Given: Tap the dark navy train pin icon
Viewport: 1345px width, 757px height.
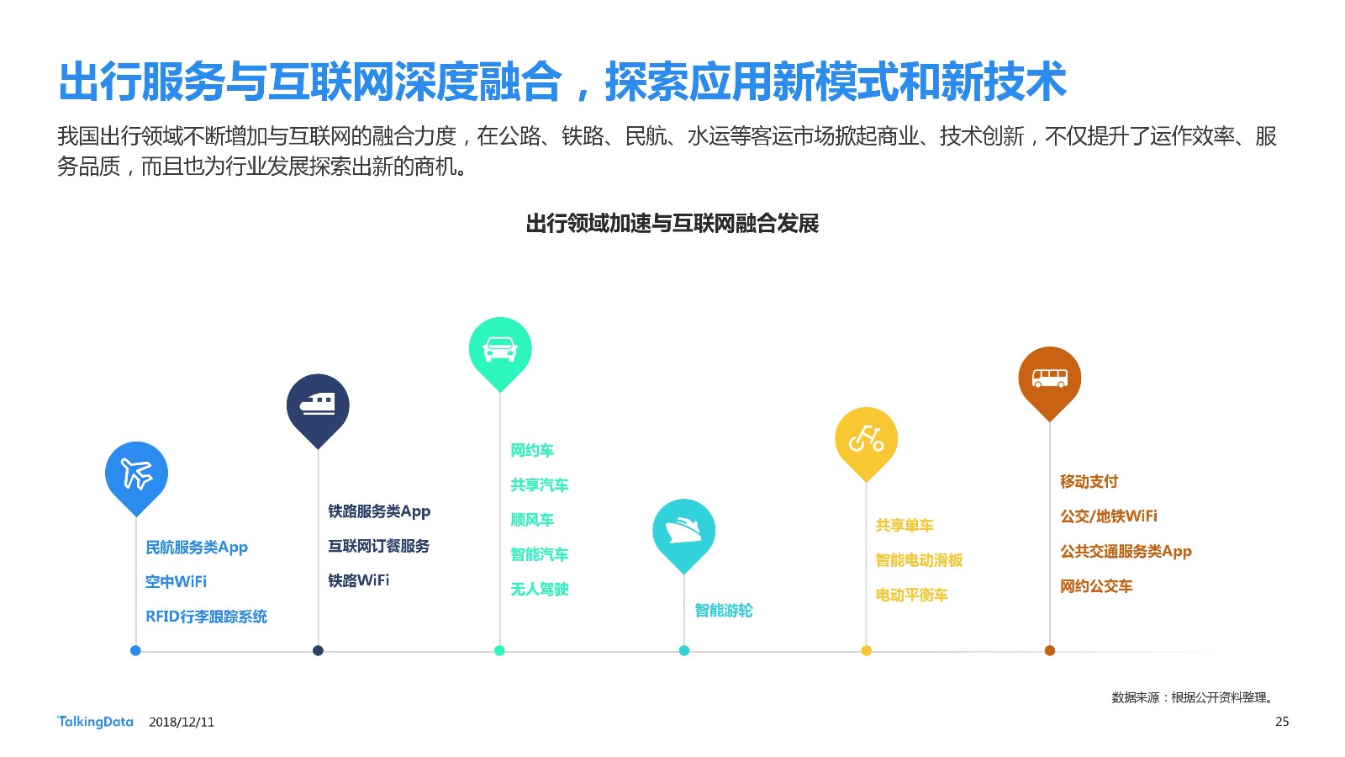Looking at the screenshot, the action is pos(318,410).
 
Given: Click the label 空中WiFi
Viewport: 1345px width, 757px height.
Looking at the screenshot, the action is pos(176,581).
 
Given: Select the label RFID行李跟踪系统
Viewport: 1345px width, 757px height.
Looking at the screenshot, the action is pos(206,617).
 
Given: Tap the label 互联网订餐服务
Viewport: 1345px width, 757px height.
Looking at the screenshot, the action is pos(379,546).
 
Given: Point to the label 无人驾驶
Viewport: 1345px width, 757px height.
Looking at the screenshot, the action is pos(539,590).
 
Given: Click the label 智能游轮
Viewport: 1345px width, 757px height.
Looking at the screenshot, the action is pos(724,611).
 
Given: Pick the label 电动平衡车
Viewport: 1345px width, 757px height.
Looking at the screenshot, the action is pos(911,595).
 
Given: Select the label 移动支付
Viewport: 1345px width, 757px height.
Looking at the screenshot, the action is pos(1089,481).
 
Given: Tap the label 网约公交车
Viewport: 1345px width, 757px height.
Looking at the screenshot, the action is pos(1096,585).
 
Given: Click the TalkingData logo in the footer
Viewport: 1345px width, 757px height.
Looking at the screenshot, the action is pos(95,722).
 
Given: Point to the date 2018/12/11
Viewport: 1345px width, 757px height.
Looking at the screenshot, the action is pos(182,723).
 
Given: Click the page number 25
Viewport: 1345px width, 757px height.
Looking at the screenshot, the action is pos(1282,722).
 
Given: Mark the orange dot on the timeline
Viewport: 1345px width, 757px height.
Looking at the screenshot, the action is pos(1050,650).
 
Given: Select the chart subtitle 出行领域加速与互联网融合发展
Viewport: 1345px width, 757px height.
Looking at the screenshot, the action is pos(672,224).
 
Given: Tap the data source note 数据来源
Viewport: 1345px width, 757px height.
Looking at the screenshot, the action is pos(1135,697).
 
